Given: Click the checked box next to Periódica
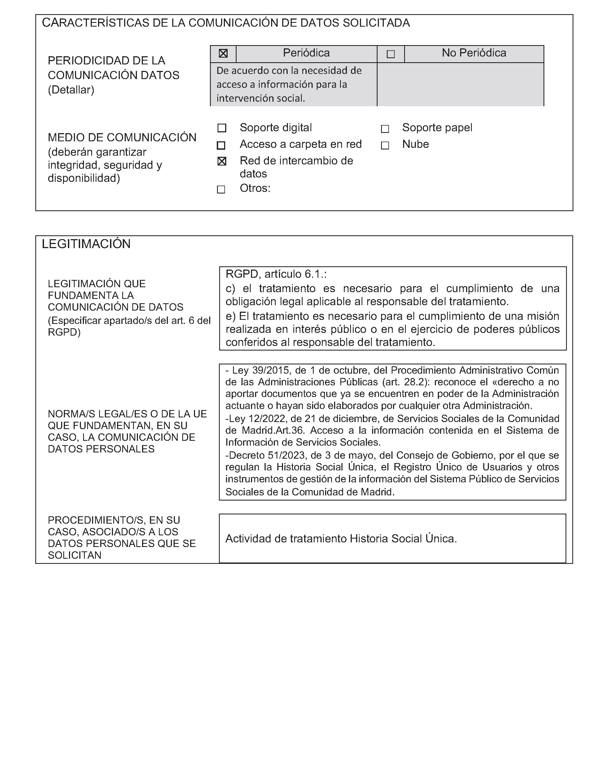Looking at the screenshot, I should [x=223, y=54].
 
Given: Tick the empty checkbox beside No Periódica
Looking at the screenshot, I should [x=391, y=54].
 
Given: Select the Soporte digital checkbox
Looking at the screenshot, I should [x=222, y=128].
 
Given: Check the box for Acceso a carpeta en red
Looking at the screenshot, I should [x=221, y=145].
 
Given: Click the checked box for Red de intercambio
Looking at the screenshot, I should [x=222, y=161].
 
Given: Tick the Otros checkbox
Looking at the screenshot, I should [x=221, y=189].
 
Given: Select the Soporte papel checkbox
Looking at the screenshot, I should [x=385, y=129].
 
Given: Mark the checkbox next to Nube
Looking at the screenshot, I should [x=385, y=145].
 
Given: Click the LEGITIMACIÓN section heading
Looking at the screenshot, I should [x=86, y=244].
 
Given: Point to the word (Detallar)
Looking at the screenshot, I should [x=71, y=90].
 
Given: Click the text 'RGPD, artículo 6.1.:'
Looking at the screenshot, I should [x=276, y=274].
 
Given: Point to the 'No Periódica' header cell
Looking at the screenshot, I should [x=474, y=53].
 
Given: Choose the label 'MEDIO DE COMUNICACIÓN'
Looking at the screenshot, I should [x=122, y=137].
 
